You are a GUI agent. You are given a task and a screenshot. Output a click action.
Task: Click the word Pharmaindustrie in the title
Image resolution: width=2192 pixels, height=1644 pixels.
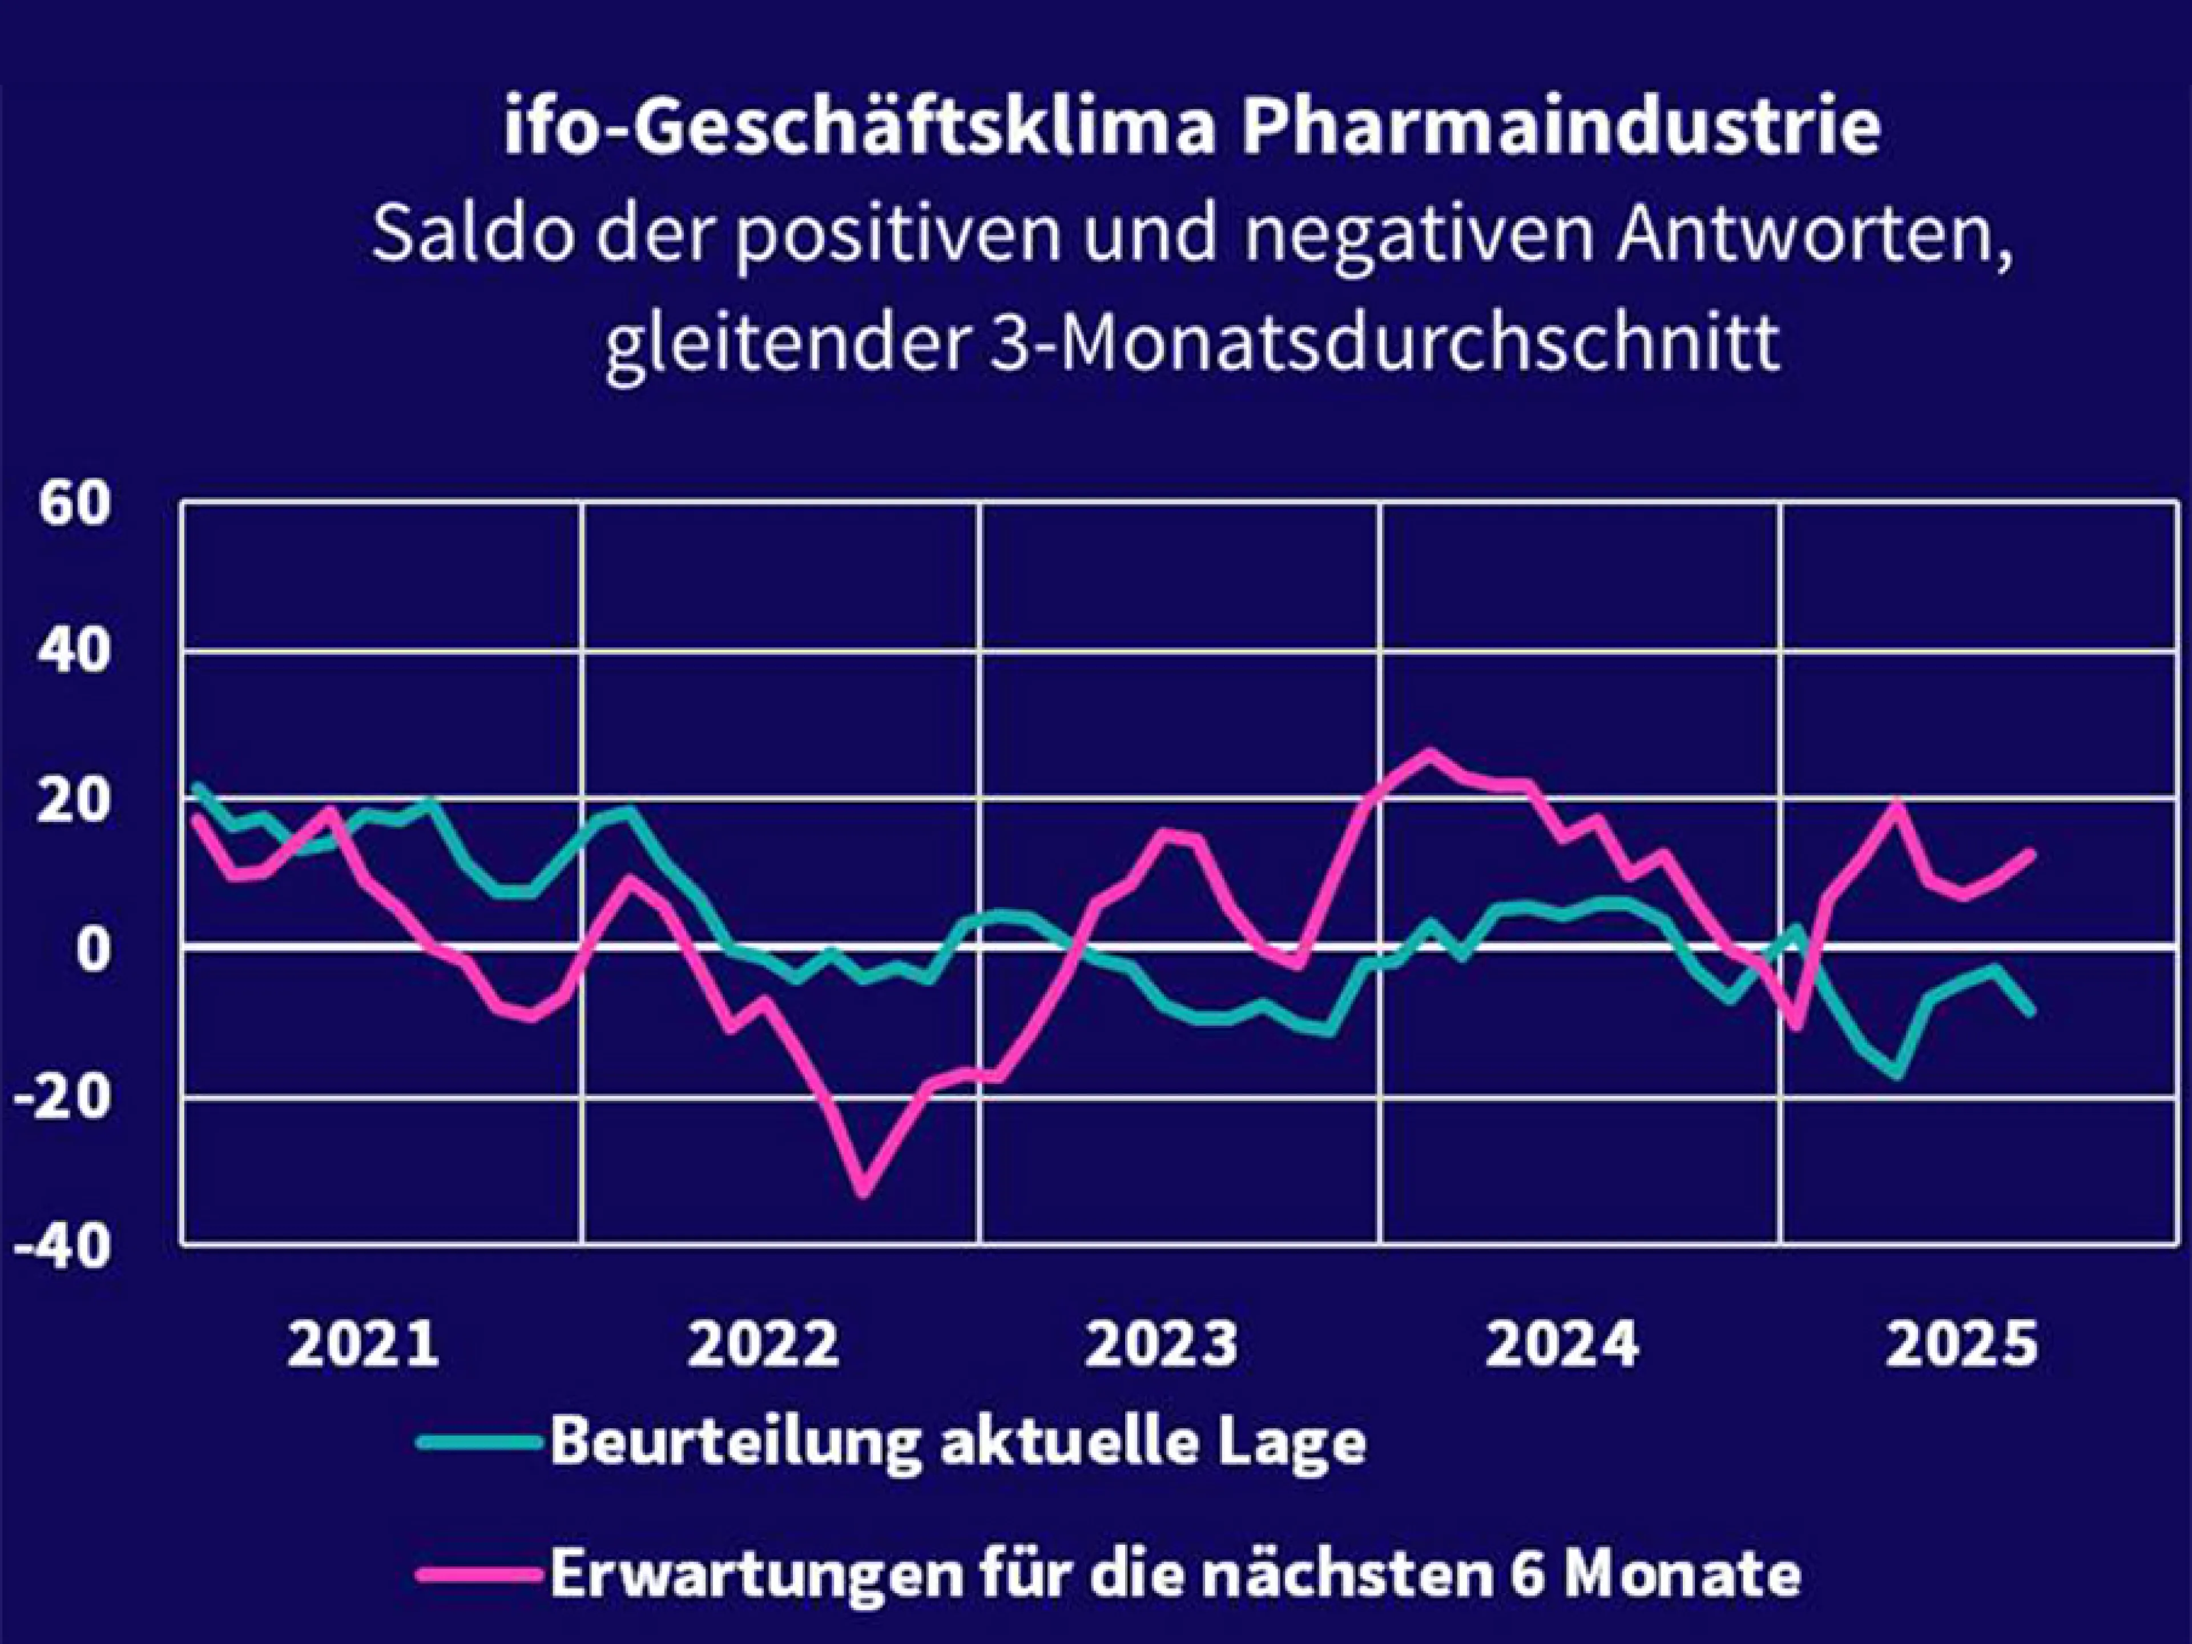click(x=1561, y=130)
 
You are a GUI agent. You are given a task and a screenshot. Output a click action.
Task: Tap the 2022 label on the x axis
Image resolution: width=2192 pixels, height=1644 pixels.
click(x=763, y=1343)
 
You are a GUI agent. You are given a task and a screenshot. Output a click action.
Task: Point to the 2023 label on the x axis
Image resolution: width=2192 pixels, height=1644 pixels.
click(x=1162, y=1343)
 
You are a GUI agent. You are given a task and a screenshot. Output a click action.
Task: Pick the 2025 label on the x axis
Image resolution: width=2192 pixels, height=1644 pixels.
click(x=1961, y=1343)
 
